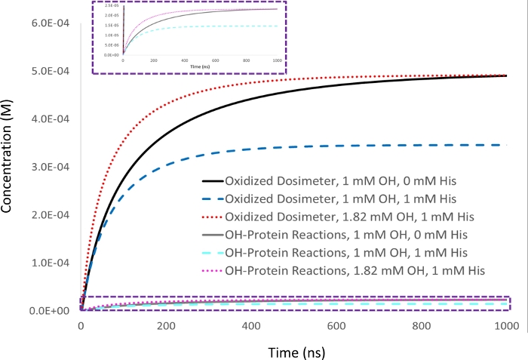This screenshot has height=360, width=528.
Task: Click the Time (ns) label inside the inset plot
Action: pyautogui.click(x=200, y=67)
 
